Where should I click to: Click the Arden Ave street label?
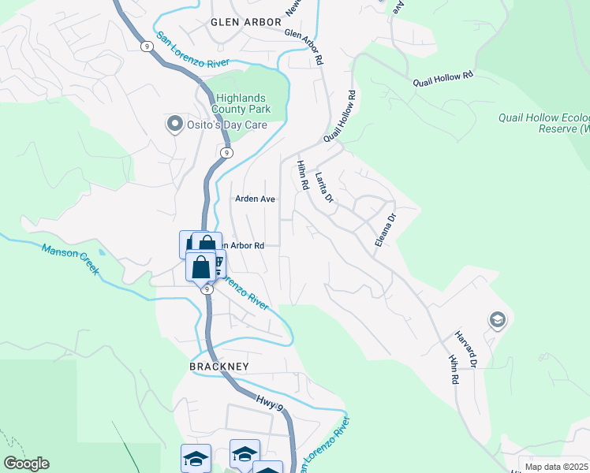[255, 199]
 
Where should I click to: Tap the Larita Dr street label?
[324, 188]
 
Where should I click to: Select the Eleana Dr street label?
[384, 227]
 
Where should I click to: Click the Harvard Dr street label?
[466, 349]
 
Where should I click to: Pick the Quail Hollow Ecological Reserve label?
[543, 123]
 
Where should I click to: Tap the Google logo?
[26, 464]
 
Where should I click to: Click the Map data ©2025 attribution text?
[555, 467]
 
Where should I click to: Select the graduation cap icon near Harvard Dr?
[497, 319]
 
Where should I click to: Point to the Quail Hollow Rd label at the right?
[442, 80]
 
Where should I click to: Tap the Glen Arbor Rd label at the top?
[304, 47]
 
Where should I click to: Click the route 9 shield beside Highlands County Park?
[226, 152]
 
